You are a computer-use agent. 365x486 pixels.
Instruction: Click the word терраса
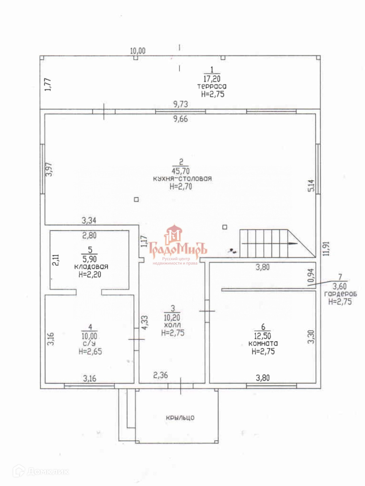[x=212, y=86]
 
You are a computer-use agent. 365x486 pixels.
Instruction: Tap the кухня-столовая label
[x=182, y=179]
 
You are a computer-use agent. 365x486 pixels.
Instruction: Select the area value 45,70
[x=180, y=171]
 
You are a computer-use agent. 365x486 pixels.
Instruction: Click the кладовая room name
[x=91, y=267]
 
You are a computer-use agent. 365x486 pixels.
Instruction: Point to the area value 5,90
[x=89, y=259]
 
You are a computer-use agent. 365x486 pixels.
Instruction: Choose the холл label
[x=172, y=325]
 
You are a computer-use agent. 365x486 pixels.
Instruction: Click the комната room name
[x=263, y=343]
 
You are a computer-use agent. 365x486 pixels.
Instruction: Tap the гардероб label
[x=341, y=294]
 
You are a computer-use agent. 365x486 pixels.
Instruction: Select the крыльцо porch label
[x=180, y=418]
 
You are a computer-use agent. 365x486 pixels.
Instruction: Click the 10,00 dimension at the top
[x=137, y=51]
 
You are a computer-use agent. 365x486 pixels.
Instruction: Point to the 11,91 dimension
[x=326, y=249]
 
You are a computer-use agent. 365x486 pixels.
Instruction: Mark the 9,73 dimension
[x=180, y=104]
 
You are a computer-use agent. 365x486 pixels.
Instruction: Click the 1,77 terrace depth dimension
[x=48, y=85]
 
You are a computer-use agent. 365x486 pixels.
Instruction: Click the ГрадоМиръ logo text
[x=178, y=250]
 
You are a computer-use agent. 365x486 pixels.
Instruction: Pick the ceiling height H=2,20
[x=90, y=275]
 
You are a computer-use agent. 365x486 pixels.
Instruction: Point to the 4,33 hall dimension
[x=145, y=323]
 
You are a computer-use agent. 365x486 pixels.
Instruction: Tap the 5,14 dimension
[x=312, y=186]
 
